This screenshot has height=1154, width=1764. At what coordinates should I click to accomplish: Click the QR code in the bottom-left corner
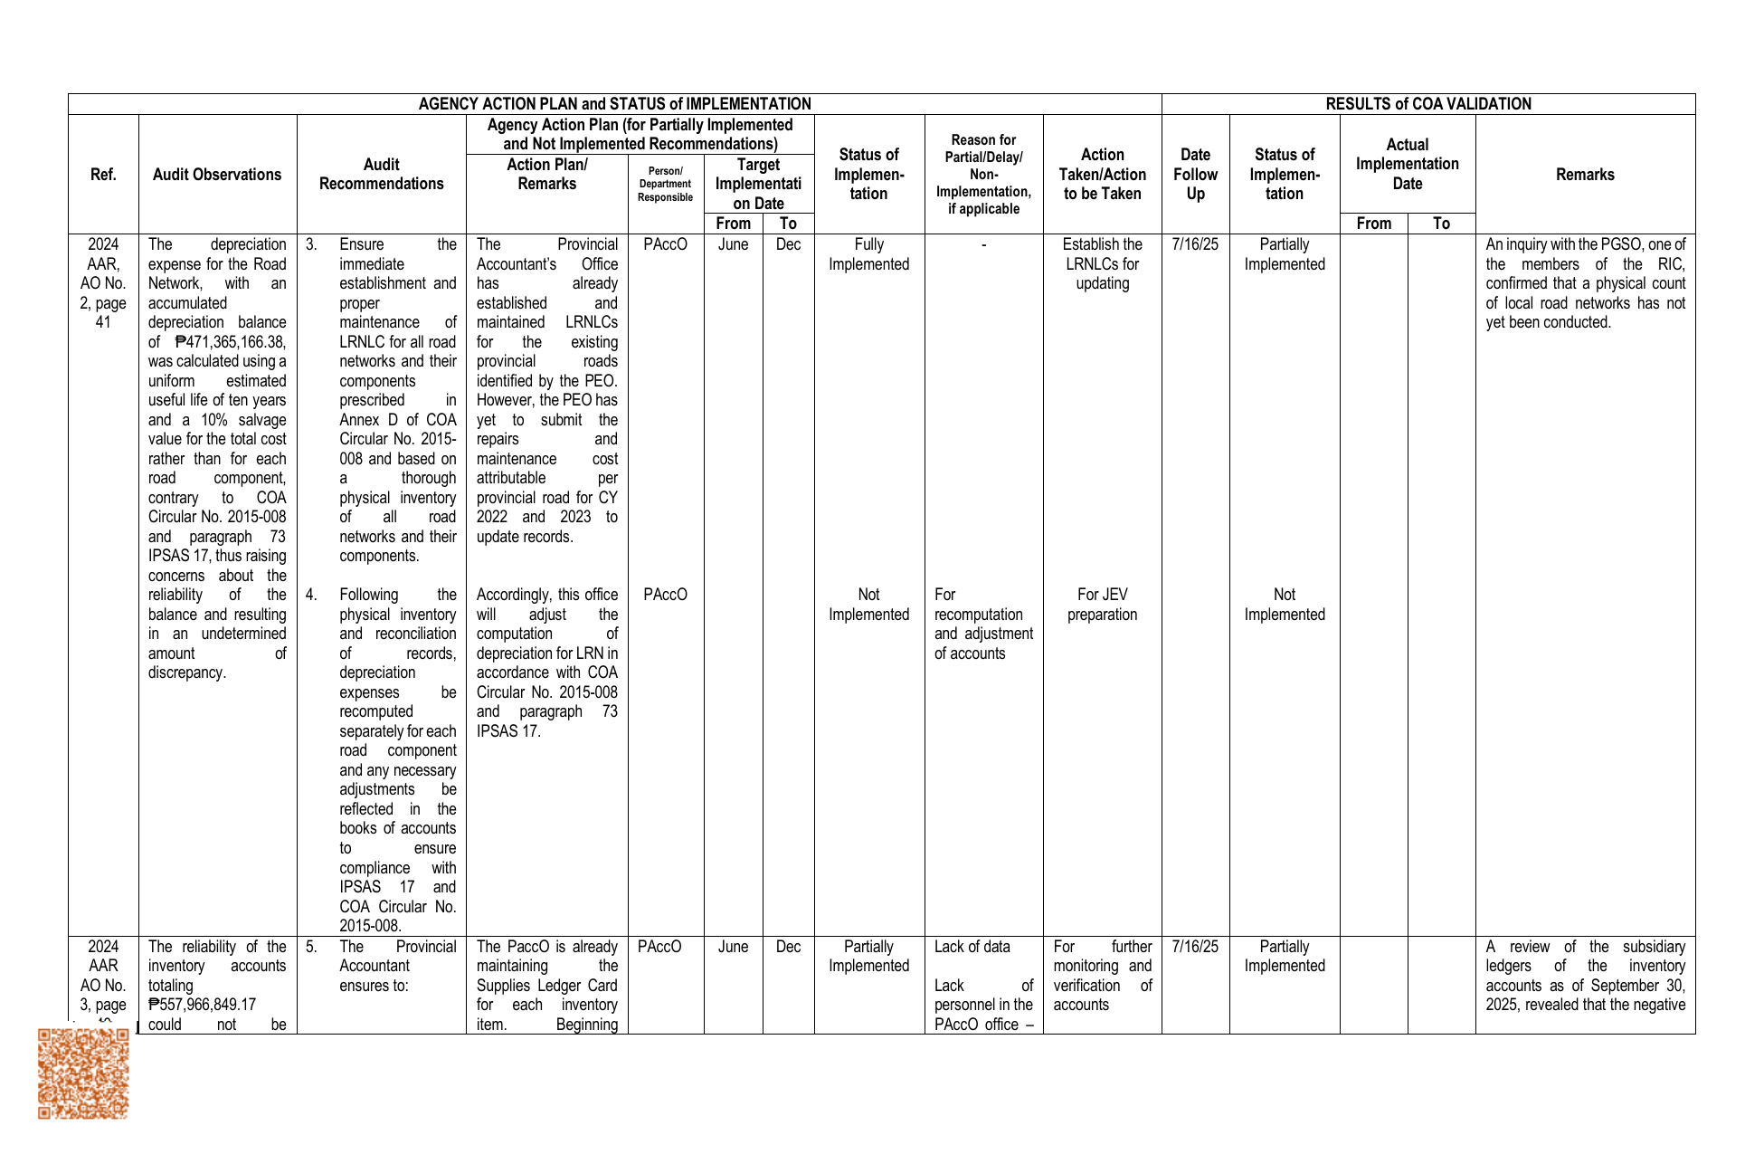[83, 1073]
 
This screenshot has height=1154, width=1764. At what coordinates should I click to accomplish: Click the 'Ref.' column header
[103, 175]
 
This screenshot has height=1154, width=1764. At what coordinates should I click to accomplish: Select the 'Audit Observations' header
[217, 175]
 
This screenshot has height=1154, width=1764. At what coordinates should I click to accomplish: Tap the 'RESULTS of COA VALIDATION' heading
[1427, 104]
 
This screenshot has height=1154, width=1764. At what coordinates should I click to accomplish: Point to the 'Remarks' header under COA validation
[1585, 175]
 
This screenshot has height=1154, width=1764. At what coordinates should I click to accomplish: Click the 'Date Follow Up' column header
[1195, 175]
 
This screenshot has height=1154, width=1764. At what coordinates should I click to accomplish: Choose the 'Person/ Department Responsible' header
[665, 185]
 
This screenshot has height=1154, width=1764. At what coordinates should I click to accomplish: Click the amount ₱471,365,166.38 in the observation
[230, 342]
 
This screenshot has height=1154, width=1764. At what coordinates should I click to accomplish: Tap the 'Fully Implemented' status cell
[868, 254]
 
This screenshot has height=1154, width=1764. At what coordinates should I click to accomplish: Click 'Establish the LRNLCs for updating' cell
[1102, 264]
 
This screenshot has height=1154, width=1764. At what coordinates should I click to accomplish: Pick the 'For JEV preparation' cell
[1102, 605]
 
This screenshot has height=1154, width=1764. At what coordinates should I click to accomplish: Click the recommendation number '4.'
[311, 595]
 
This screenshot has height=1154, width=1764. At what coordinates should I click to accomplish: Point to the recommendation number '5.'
[311, 947]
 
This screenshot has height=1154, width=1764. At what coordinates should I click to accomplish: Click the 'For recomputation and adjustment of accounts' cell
[982, 624]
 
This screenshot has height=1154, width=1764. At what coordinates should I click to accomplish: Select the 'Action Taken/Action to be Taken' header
[1102, 175]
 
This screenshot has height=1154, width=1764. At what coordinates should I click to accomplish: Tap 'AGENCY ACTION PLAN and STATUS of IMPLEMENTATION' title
[614, 104]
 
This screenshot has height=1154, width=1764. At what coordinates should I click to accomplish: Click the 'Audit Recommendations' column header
[381, 175]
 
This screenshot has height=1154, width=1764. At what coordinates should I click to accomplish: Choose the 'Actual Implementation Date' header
[1407, 164]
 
